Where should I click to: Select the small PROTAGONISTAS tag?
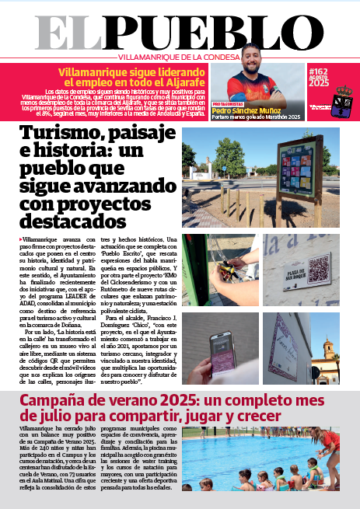[228, 103]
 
